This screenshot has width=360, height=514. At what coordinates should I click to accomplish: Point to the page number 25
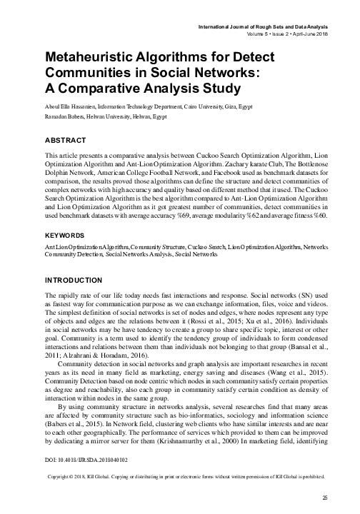(x=324, y=498)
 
